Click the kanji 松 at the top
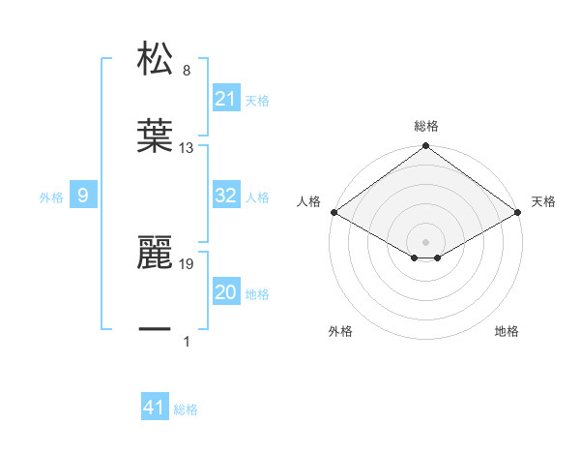(x=155, y=58)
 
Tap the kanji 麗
(x=155, y=253)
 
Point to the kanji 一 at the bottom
(x=155, y=330)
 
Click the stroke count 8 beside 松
(x=187, y=70)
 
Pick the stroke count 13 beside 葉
(x=187, y=148)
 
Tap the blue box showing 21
(x=225, y=99)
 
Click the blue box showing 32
(x=225, y=196)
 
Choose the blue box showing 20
(x=225, y=292)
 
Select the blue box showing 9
(x=83, y=197)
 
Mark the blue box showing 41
(x=155, y=408)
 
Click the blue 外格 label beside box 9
(x=51, y=197)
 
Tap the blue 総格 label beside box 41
(x=186, y=409)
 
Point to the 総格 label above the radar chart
(x=426, y=126)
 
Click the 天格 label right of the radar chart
(x=543, y=201)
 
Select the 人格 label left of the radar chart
(x=308, y=201)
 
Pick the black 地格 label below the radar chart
(x=507, y=332)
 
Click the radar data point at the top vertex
(x=426, y=147)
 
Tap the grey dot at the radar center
(x=426, y=241)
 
